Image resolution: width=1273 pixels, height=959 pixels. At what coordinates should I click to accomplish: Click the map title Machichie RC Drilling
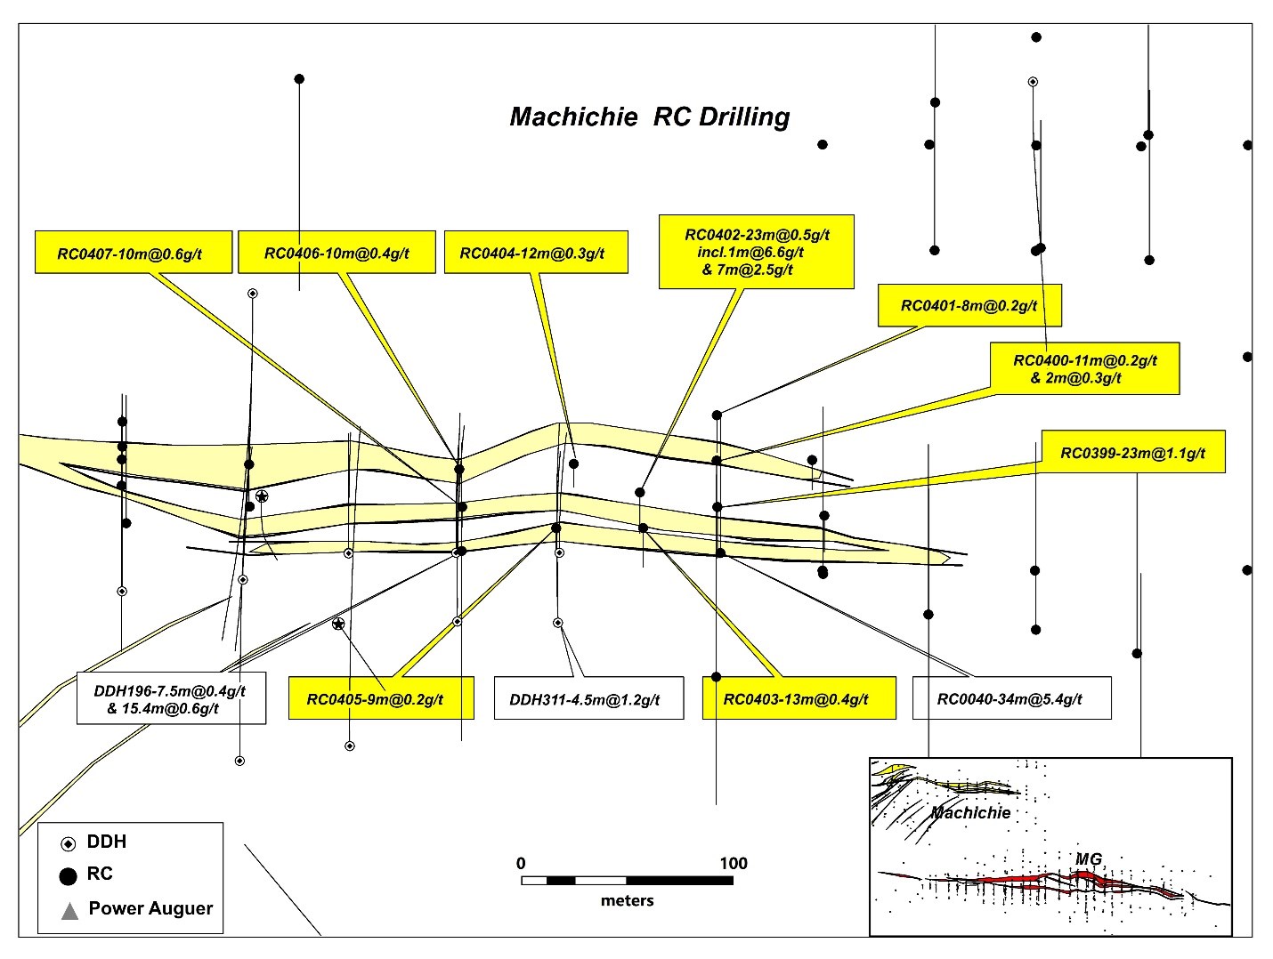pyautogui.click(x=649, y=117)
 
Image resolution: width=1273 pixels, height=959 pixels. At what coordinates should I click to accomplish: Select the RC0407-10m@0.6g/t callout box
pyautogui.click(x=134, y=253)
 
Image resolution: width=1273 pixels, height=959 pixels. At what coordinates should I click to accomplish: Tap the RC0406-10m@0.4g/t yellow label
pyautogui.click(x=336, y=253)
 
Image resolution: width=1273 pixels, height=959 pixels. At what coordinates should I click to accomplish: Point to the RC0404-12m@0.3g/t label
pyautogui.click(x=536, y=253)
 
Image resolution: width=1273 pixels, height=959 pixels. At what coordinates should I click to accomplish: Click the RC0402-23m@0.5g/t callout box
pyautogui.click(x=756, y=252)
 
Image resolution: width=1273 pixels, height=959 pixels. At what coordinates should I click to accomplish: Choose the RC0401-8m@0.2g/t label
pyautogui.click(x=969, y=305)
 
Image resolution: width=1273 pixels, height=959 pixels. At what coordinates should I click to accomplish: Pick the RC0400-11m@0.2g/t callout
pyautogui.click(x=1084, y=368)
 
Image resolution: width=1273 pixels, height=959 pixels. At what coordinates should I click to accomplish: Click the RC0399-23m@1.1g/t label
pyautogui.click(x=1132, y=453)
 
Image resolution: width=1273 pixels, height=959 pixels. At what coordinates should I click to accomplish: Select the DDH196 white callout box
pyautogui.click(x=171, y=698)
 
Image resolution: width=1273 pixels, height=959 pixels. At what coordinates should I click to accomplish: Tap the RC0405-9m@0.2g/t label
pyautogui.click(x=380, y=698)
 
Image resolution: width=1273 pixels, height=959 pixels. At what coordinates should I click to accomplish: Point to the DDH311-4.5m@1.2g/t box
pyautogui.click(x=589, y=698)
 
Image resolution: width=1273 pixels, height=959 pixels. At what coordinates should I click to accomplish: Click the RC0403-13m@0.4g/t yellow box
pyautogui.click(x=795, y=698)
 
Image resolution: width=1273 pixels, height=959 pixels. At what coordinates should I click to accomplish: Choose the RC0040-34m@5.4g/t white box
pyautogui.click(x=1011, y=698)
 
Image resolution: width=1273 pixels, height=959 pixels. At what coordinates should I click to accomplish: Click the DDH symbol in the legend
pyautogui.click(x=69, y=843)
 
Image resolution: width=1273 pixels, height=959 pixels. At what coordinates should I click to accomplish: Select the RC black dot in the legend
pyautogui.click(x=68, y=875)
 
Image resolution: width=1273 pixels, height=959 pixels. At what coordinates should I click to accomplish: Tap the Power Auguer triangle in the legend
pyautogui.click(x=69, y=910)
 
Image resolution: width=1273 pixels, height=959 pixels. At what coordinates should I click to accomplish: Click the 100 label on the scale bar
pyautogui.click(x=733, y=863)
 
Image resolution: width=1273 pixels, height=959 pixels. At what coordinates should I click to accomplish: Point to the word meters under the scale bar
pyautogui.click(x=627, y=900)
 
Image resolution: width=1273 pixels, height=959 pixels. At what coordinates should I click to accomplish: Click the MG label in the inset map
pyautogui.click(x=1089, y=858)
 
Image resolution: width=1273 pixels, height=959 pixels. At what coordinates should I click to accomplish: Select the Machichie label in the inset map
pyautogui.click(x=970, y=812)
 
